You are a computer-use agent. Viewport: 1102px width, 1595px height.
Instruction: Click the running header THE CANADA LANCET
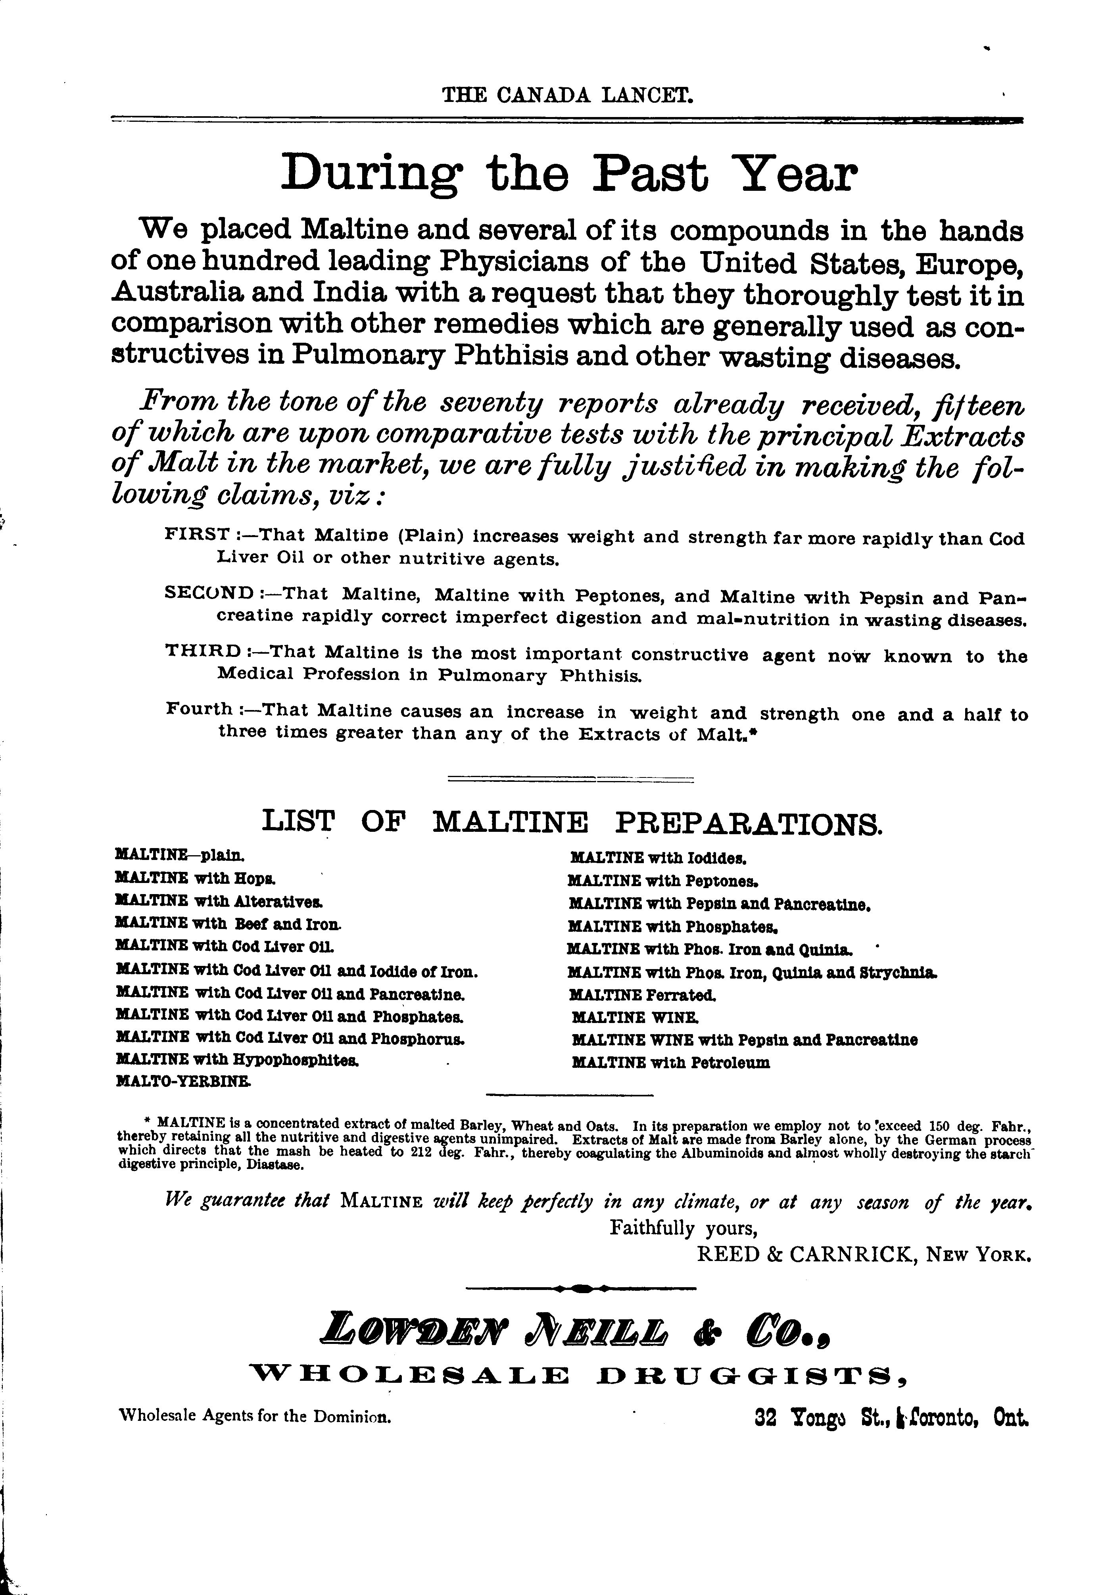568,94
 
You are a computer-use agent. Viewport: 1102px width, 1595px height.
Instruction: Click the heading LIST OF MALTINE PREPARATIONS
572,821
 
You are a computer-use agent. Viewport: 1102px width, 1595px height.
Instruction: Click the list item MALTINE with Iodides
659,858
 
